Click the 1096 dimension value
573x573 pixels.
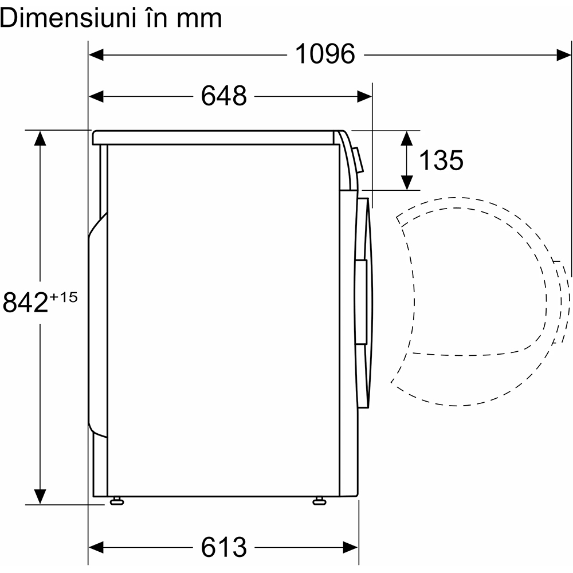coord(325,54)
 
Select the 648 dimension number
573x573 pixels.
coord(223,96)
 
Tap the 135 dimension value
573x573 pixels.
coord(441,160)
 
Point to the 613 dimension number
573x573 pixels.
coord(223,547)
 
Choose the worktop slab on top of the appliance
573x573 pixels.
coord(215,138)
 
